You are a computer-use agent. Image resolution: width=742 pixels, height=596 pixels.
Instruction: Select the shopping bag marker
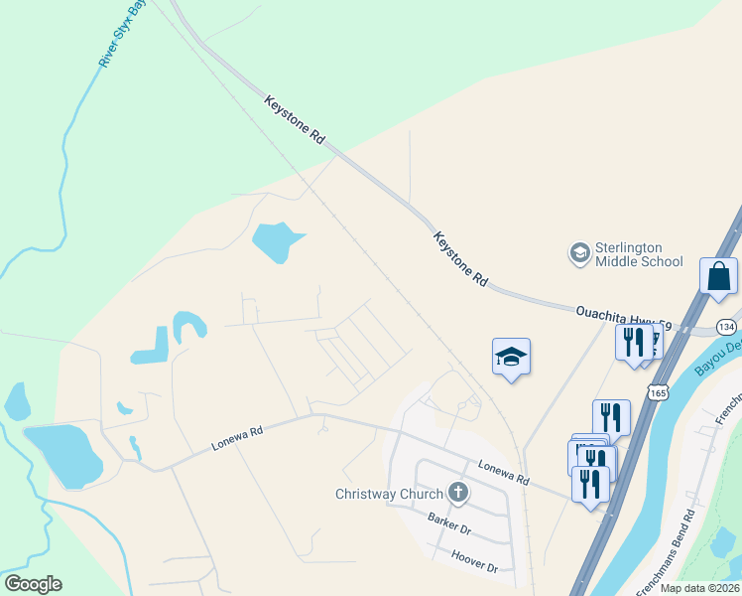(718, 275)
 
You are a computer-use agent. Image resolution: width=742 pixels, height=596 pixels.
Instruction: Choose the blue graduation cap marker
(511, 356)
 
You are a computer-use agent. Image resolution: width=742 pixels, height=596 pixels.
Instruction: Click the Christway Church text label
(390, 494)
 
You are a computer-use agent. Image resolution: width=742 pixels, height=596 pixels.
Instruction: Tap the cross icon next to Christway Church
(457, 492)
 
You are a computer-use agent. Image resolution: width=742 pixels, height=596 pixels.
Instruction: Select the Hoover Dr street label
(473, 561)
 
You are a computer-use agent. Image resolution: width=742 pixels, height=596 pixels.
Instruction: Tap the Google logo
(33, 584)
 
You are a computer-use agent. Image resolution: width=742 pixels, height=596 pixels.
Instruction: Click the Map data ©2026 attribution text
(699, 588)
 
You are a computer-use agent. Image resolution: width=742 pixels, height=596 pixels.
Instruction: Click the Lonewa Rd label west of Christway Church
(237, 440)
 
